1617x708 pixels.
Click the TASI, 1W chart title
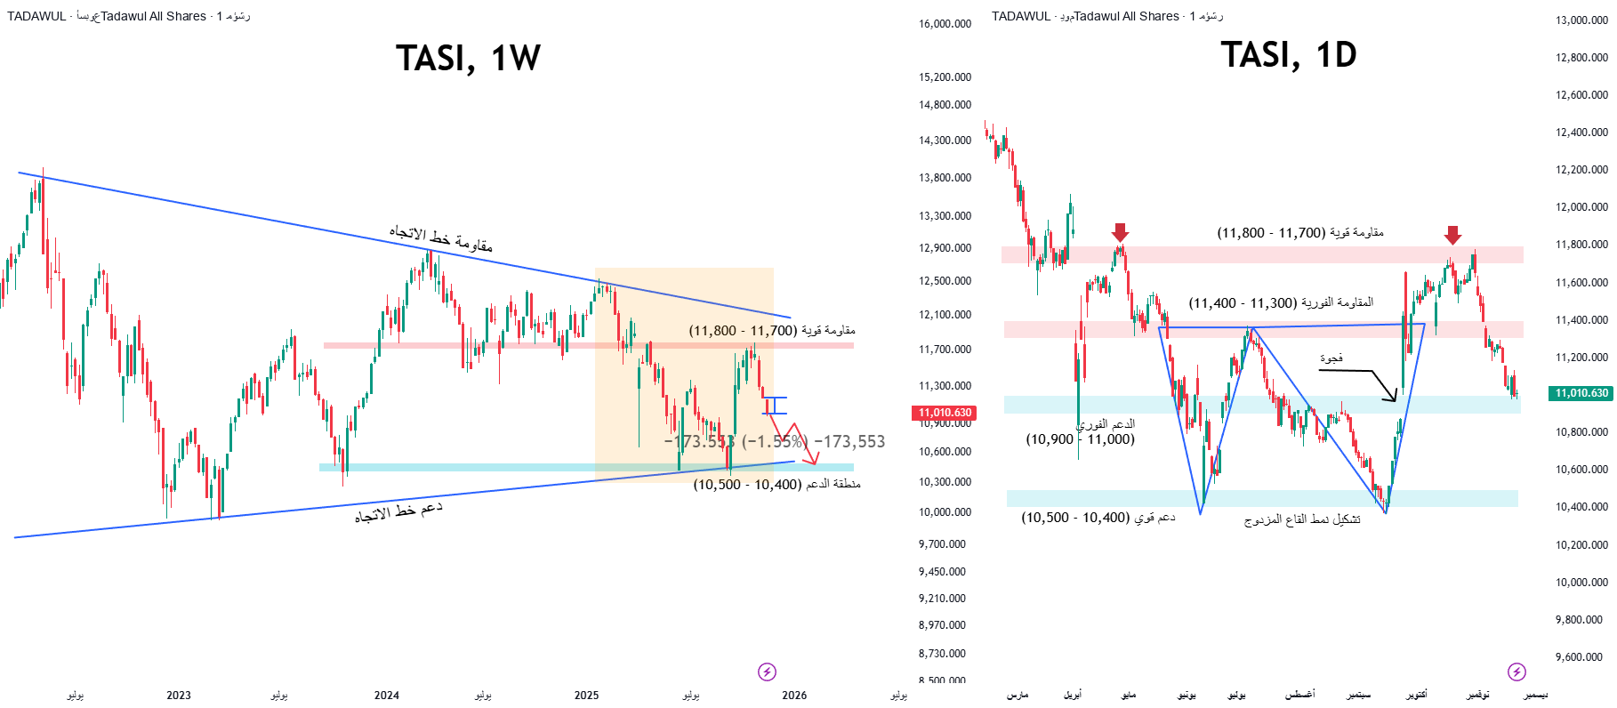pyautogui.click(x=468, y=59)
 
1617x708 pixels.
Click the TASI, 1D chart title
pyautogui.click(x=1288, y=55)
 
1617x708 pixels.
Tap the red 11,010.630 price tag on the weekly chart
pyautogui.click(x=945, y=413)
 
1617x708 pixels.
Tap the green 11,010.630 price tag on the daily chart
pyautogui.click(x=1581, y=393)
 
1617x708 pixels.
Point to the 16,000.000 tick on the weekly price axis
pyautogui.click(x=945, y=24)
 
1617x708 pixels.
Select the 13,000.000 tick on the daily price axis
pyautogui.click(x=1581, y=20)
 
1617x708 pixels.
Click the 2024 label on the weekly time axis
pyautogui.click(x=387, y=696)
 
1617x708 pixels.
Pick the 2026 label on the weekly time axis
pyautogui.click(x=794, y=696)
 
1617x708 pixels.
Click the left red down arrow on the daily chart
pyautogui.click(x=1120, y=233)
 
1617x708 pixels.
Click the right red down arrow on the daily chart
pyautogui.click(x=1452, y=235)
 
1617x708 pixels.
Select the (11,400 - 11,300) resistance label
pyautogui.click(x=1281, y=303)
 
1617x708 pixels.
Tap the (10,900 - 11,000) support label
pyautogui.click(x=1080, y=439)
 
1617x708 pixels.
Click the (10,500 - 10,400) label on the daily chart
pyautogui.click(x=1098, y=518)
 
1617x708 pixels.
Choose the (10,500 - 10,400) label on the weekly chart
pyautogui.click(x=776, y=485)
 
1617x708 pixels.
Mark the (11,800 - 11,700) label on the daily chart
pyautogui.click(x=1299, y=233)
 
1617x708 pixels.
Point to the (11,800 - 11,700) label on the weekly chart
pyautogui.click(x=771, y=331)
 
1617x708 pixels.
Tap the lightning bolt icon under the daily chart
pyautogui.click(x=1516, y=672)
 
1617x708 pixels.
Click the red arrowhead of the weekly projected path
pyautogui.click(x=811, y=460)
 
